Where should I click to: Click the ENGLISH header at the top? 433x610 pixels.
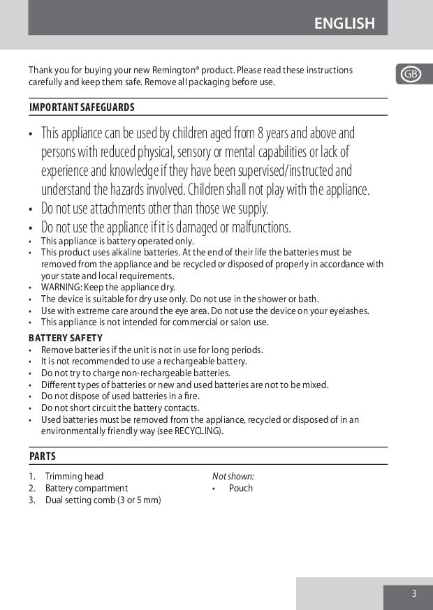[x=344, y=23]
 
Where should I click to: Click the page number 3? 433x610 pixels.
[x=413, y=594]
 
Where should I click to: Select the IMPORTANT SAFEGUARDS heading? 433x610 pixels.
[x=82, y=107]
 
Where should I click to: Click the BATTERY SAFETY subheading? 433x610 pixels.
[x=66, y=338]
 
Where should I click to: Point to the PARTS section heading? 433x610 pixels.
[x=43, y=456]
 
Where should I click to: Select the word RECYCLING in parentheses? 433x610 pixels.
[x=200, y=431]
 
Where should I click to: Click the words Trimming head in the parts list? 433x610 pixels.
[x=74, y=477]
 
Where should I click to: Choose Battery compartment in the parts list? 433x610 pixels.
[x=87, y=489]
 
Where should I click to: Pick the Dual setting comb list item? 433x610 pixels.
[x=103, y=500]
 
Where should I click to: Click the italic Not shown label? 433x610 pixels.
[x=233, y=477]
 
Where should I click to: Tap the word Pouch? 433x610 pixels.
[x=241, y=489]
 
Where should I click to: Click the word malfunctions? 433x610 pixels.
[x=257, y=228]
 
